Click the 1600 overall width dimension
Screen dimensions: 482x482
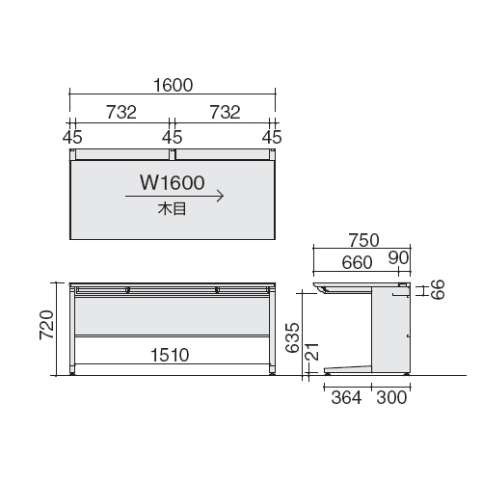(x=174, y=85)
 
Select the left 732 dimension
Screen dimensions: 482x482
(x=121, y=112)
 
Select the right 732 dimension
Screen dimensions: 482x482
(x=225, y=112)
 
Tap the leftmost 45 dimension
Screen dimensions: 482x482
(x=72, y=137)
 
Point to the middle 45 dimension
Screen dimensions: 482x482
(x=173, y=137)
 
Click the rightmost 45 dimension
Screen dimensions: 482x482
(x=272, y=137)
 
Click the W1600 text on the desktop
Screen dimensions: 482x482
(x=173, y=182)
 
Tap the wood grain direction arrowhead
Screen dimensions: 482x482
(x=220, y=196)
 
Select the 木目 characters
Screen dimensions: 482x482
(x=172, y=209)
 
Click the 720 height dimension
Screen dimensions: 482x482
(x=46, y=325)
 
